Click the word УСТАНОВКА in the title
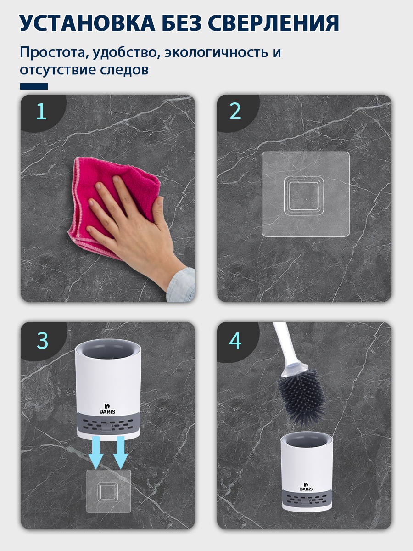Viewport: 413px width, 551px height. coord(87,23)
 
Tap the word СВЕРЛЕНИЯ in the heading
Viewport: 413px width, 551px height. coord(273,23)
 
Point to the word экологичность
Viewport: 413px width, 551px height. coord(216,52)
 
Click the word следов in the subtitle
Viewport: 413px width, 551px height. coord(124,69)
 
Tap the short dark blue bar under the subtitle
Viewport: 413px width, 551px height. coord(34,86)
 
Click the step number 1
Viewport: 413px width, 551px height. coord(41,111)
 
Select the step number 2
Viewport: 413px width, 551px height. coord(235,111)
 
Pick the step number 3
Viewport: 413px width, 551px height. coord(42,341)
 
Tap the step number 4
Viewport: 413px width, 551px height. coord(235,341)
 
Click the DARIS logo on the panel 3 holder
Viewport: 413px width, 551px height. coord(107,409)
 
